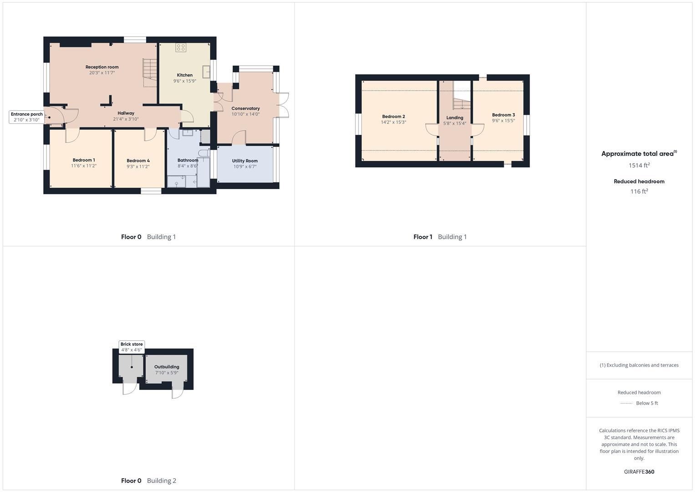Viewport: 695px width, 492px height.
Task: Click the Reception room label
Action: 102,67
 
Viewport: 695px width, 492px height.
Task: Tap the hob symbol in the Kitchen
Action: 181,47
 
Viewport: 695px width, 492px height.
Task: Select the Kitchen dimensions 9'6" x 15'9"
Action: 185,81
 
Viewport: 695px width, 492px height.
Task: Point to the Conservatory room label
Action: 245,108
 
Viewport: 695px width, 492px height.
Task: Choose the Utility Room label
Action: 245,161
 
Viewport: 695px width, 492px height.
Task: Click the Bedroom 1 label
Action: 84,160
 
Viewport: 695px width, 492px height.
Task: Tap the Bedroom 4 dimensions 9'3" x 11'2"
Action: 138,167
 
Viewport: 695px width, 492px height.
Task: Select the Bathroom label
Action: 188,160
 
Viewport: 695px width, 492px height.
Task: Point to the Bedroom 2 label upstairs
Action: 393,117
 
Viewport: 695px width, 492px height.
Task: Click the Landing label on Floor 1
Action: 455,118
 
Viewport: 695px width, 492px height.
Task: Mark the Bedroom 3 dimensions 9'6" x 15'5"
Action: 503,121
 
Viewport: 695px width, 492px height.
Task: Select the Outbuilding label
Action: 167,367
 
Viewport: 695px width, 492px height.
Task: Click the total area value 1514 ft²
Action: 639,165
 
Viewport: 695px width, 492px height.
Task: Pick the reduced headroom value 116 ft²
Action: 639,192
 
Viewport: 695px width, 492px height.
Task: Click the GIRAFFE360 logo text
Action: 639,472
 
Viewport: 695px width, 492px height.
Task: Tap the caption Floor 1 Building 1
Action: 440,237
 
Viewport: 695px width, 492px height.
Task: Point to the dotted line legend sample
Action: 627,403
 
